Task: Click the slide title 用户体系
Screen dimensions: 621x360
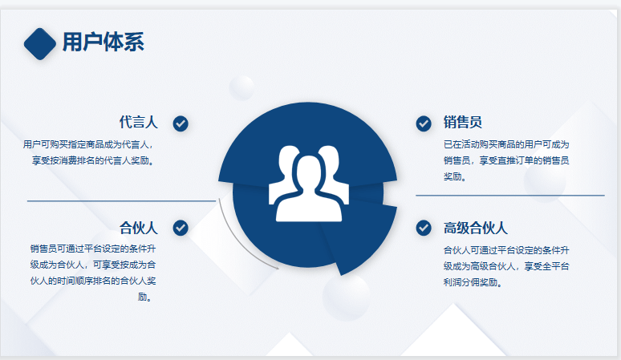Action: pyautogui.click(x=103, y=42)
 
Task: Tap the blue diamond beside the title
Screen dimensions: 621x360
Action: pyautogui.click(x=40, y=44)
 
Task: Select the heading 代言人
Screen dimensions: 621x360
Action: pyautogui.click(x=139, y=122)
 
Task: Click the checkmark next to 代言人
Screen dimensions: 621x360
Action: pyautogui.click(x=181, y=123)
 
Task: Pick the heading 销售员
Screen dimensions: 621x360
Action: pyautogui.click(x=463, y=122)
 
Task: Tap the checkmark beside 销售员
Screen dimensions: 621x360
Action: pyautogui.click(x=424, y=123)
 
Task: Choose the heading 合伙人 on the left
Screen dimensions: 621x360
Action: pyautogui.click(x=139, y=228)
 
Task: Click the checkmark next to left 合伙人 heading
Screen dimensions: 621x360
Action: pyautogui.click(x=181, y=228)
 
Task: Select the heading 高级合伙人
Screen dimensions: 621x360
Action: pyautogui.click(x=475, y=228)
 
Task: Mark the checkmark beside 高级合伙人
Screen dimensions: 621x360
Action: pyautogui.click(x=424, y=228)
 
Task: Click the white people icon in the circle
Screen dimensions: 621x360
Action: pyautogui.click(x=309, y=184)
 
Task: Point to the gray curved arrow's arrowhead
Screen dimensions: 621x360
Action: pyautogui.click(x=276, y=268)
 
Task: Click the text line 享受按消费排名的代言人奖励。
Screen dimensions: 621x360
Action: pyautogui.click(x=93, y=160)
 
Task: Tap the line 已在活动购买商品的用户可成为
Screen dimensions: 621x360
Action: pyautogui.click(x=506, y=144)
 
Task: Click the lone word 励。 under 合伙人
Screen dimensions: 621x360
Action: pyautogui.click(x=145, y=297)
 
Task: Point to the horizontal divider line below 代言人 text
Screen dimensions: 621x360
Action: pyautogui.click(x=121, y=201)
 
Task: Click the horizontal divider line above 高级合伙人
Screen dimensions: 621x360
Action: pyautogui.click(x=510, y=195)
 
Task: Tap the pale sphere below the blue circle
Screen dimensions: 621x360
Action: pyautogui.click(x=346, y=297)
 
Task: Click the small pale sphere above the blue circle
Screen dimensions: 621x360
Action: pyautogui.click(x=241, y=88)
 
